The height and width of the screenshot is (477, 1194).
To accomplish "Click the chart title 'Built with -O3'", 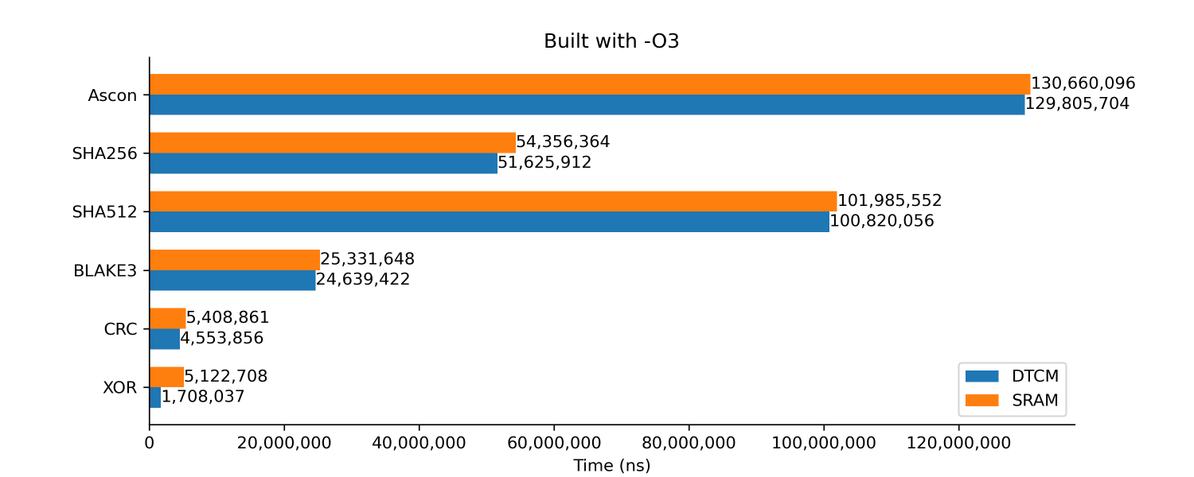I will point(611,41).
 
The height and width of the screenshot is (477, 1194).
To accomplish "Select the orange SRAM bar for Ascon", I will point(589,84).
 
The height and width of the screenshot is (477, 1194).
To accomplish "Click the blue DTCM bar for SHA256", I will point(323,163).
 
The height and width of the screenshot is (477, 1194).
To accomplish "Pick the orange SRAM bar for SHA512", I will point(493,201).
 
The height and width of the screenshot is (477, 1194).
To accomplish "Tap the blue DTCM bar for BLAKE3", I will point(232,280).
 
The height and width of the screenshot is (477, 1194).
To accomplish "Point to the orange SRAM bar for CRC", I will point(167,318).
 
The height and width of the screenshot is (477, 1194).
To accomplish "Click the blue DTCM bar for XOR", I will point(155,397).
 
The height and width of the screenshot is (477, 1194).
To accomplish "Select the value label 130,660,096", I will point(1083,83).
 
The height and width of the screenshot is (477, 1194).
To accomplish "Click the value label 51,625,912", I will point(544,163).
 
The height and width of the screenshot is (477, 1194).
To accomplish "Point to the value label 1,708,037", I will point(203,397).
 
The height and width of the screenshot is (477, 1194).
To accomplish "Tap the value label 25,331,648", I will point(367,259).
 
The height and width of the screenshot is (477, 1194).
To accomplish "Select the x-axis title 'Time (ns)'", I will point(611,466).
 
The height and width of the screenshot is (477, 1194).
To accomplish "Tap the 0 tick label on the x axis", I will point(150,443).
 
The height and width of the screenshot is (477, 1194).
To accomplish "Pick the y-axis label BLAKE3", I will point(105,270).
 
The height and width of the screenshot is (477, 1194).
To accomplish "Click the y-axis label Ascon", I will point(112,95).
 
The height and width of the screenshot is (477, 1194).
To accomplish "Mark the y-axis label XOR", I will point(119,388).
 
